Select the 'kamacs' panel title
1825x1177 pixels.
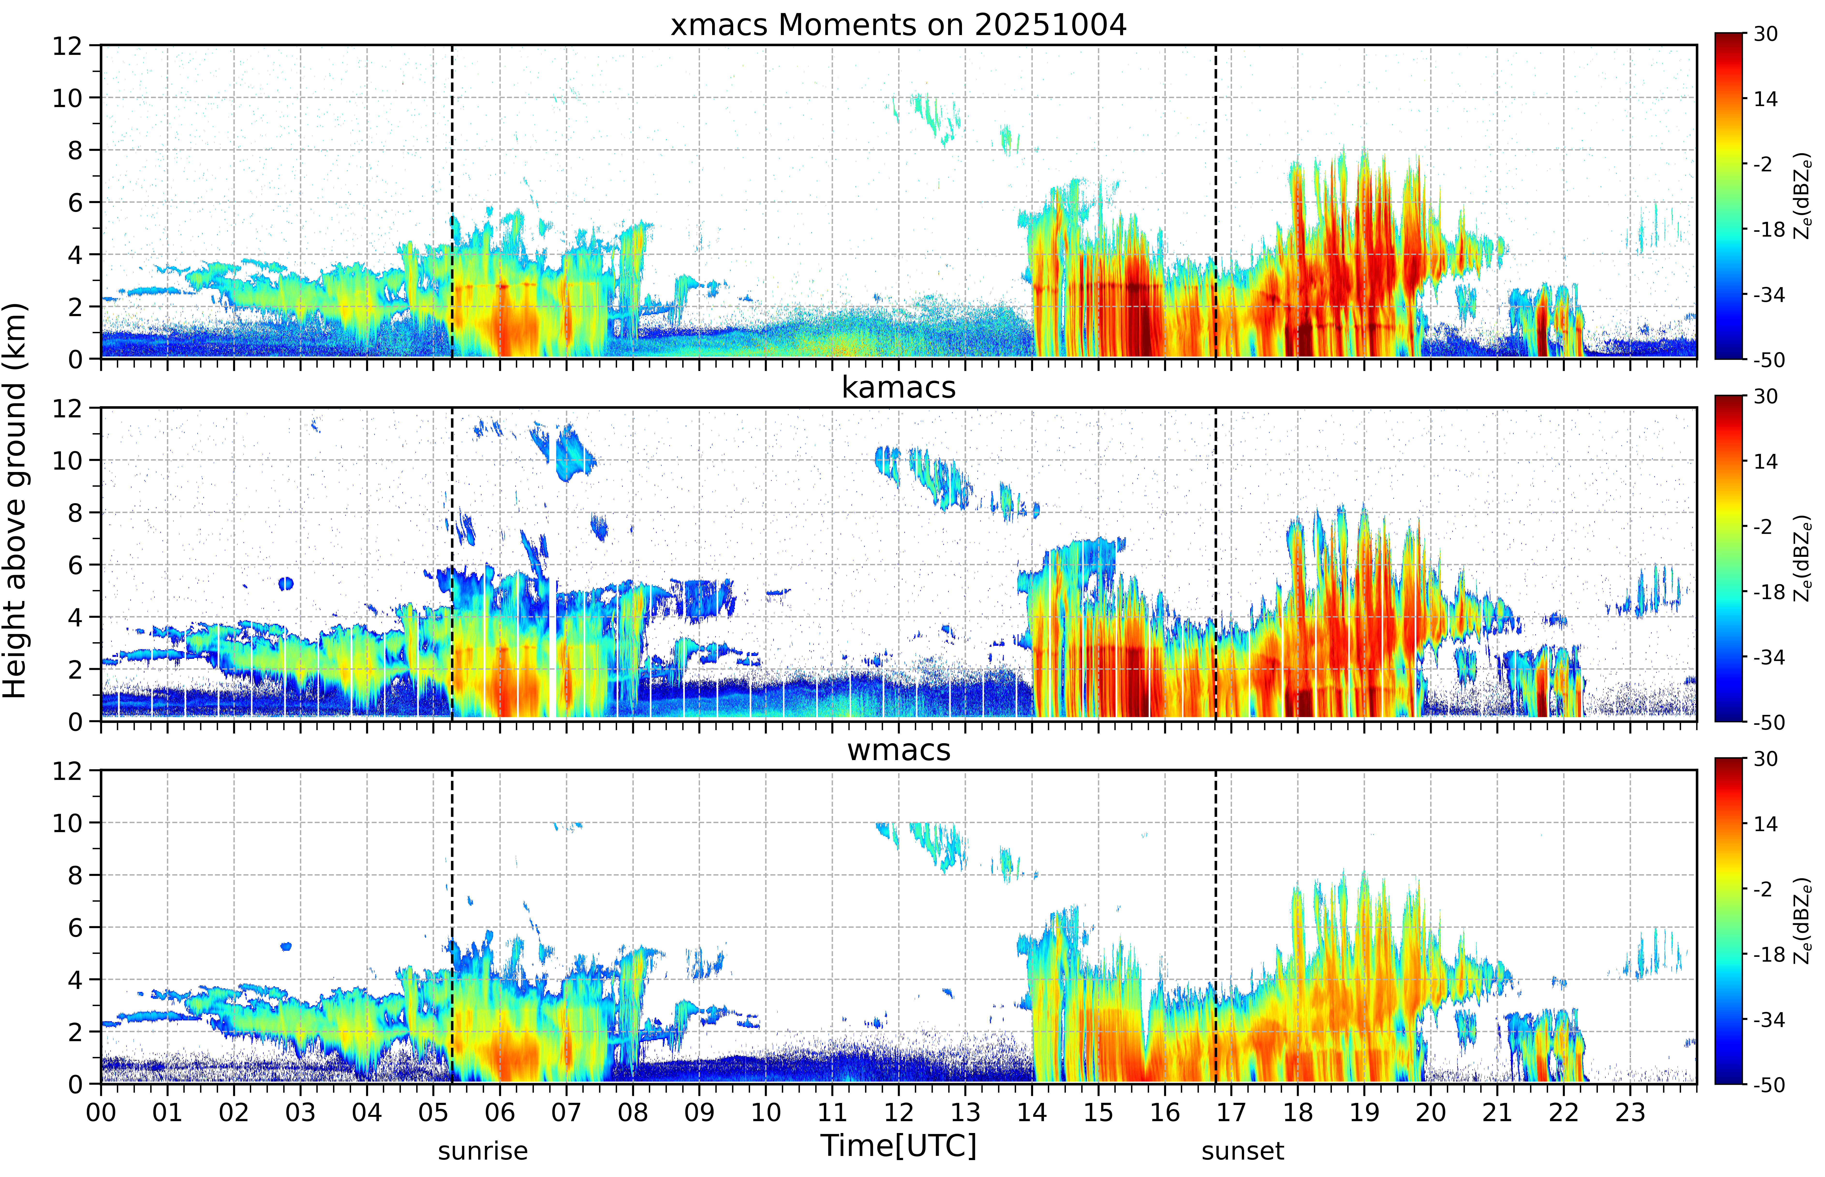[x=898, y=387]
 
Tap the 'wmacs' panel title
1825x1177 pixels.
[x=898, y=750]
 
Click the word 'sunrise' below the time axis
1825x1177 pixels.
[x=482, y=1151]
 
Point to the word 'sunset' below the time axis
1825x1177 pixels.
[x=1242, y=1151]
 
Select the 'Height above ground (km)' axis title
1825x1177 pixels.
[x=15, y=501]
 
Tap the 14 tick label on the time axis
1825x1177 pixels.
[x=1031, y=1112]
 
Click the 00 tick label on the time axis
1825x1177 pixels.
[x=101, y=1112]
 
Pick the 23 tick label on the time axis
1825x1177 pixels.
[x=1630, y=1112]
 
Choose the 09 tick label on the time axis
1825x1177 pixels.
[x=699, y=1112]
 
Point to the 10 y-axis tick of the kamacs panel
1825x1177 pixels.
[x=67, y=461]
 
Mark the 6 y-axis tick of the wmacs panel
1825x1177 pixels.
[x=75, y=928]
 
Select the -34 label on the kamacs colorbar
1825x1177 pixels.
[x=1768, y=657]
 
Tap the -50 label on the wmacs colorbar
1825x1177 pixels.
[x=1768, y=1084]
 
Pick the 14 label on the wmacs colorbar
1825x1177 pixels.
[x=1765, y=824]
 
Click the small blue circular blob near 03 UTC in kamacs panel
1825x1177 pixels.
[x=286, y=584]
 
